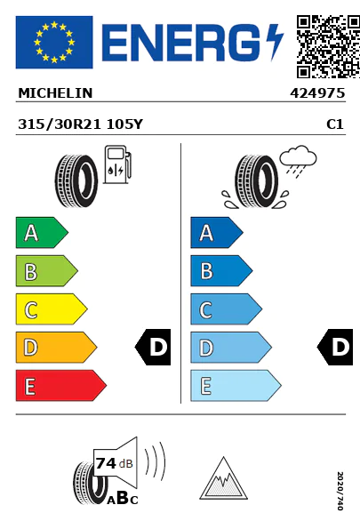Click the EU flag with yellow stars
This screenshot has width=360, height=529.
tap(54, 42)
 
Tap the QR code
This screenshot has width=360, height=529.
tap(328, 46)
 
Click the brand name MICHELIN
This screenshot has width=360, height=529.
tap(55, 93)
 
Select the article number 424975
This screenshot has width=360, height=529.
tap(317, 93)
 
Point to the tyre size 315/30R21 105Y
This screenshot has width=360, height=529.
tap(80, 124)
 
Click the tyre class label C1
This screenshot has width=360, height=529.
tap(335, 124)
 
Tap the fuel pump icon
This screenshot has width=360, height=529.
tap(117, 164)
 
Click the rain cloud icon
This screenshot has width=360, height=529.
tap(299, 161)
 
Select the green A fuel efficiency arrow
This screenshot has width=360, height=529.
tap(42, 232)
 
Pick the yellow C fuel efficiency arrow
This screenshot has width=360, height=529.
tap(51, 309)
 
